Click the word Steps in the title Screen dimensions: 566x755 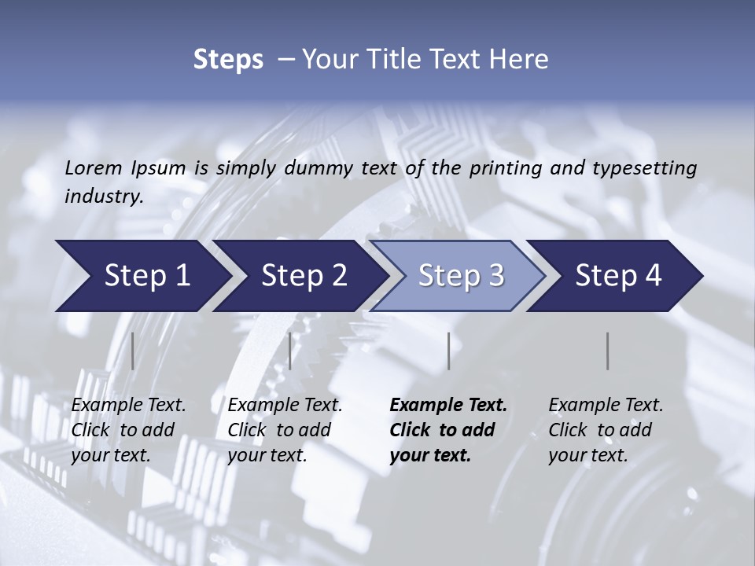tap(228, 60)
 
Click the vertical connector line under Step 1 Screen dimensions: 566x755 tap(133, 351)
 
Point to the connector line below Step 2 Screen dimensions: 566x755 tap(290, 351)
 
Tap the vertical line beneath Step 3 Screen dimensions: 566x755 tap(448, 351)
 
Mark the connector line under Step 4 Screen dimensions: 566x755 tap(607, 351)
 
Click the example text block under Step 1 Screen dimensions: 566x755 tap(128, 430)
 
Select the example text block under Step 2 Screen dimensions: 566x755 tap(285, 430)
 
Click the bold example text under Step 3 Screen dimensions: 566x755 tap(448, 430)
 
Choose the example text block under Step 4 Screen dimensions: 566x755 tap(606, 430)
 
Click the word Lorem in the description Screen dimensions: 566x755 tap(94, 167)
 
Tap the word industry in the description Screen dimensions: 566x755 tap(104, 197)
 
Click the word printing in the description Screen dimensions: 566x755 tap(504, 167)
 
